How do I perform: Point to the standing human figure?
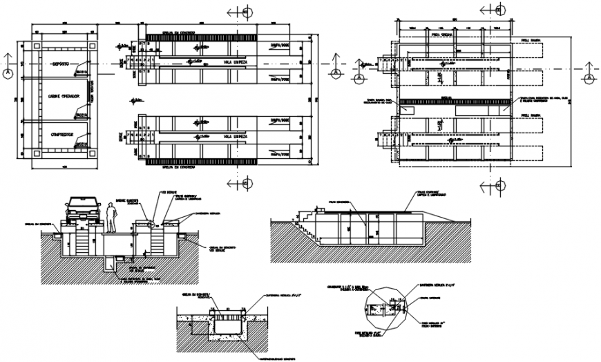(111, 217)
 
